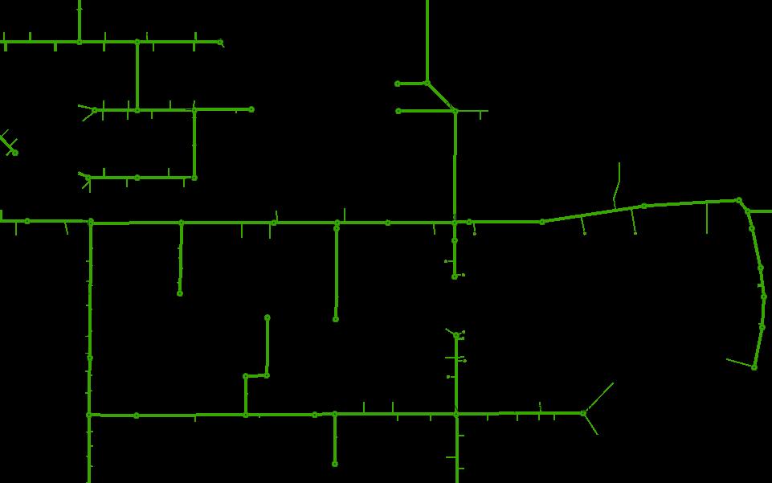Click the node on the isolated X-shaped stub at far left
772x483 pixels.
(x=14, y=152)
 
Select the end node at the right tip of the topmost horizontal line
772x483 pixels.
(x=220, y=42)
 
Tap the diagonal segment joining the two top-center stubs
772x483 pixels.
(x=440, y=96)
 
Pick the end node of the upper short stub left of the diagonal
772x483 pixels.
(x=398, y=84)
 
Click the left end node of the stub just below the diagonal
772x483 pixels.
(x=398, y=111)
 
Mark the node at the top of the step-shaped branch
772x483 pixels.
(x=268, y=318)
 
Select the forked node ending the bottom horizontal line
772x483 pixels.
(x=583, y=413)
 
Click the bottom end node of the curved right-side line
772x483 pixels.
(x=754, y=367)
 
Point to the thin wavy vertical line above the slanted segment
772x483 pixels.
(x=617, y=185)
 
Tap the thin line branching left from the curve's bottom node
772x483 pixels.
(x=739, y=363)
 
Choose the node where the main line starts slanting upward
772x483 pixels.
(x=542, y=222)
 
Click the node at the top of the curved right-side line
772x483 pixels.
(x=739, y=201)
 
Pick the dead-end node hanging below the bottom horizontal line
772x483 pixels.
(x=335, y=464)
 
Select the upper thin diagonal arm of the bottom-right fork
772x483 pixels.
(x=599, y=397)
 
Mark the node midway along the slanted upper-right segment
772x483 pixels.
(x=643, y=207)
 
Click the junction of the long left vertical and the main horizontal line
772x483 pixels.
(x=91, y=222)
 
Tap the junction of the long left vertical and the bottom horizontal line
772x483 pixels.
(x=89, y=415)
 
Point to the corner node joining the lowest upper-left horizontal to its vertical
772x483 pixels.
(x=194, y=178)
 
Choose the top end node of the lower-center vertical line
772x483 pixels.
(x=456, y=335)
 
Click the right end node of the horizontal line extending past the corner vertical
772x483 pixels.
(x=251, y=109)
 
